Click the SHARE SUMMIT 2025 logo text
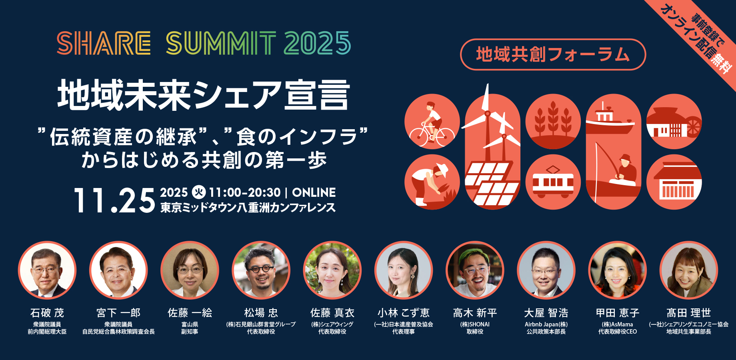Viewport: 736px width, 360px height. [x=204, y=43]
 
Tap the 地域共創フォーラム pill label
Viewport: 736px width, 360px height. [x=553, y=54]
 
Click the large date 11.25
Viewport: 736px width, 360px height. [x=114, y=200]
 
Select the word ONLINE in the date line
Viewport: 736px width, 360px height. [x=314, y=192]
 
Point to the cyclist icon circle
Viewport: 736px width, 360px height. [x=432, y=121]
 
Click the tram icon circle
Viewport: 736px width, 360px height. [x=553, y=182]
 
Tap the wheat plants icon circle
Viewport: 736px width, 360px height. [x=553, y=121]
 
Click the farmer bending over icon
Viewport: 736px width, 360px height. [x=432, y=182]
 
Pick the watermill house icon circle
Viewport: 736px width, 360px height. [x=674, y=121]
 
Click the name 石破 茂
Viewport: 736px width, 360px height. [x=47, y=313]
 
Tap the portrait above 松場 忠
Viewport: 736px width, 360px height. [x=261, y=270]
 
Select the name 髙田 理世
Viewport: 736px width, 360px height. [x=688, y=313]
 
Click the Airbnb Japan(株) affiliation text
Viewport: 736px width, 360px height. [x=546, y=324]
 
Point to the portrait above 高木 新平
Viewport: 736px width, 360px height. [x=475, y=270]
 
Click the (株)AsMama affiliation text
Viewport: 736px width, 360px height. [x=617, y=324]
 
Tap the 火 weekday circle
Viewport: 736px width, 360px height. [x=198, y=192]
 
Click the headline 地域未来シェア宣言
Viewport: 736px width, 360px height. [x=204, y=95]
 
